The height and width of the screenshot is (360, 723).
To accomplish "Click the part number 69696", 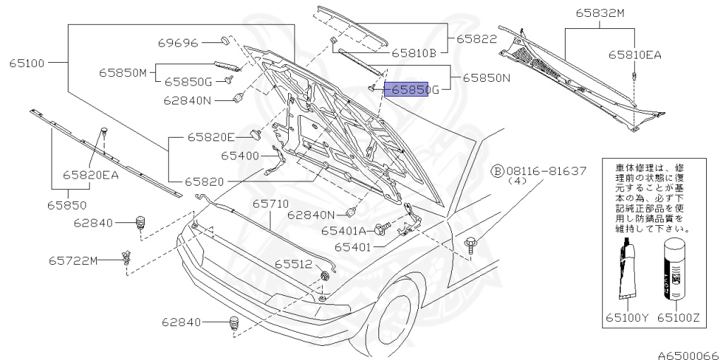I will [178, 43].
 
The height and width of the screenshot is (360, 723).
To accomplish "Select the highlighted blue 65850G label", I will [407, 90].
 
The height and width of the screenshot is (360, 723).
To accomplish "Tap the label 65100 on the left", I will [27, 63].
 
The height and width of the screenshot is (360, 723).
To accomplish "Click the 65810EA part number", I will [635, 54].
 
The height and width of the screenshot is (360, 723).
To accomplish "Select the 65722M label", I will [73, 260].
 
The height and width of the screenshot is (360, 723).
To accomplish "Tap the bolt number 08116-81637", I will [545, 172].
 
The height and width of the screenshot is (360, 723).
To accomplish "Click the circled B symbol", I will [497, 172].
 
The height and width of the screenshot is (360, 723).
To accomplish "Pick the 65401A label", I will [344, 230].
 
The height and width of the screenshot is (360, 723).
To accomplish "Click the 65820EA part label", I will [90, 174].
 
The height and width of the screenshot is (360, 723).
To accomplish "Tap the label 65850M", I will [122, 72].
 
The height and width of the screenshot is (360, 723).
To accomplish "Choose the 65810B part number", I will [414, 52].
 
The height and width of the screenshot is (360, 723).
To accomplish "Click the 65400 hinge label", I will [240, 155].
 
